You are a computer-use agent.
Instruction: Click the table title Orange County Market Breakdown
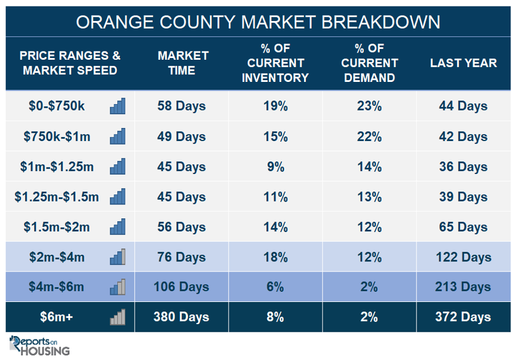coord(258,22)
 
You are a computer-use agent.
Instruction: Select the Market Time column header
coord(183,63)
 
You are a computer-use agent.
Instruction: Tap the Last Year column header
coord(463,63)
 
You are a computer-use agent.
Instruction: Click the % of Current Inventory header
coord(275,63)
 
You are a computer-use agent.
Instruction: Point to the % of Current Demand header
coord(369,63)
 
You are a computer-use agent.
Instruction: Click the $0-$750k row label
coord(56,106)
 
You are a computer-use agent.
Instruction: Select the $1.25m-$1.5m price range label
coord(56,197)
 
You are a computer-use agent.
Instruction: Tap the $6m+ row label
coord(56,317)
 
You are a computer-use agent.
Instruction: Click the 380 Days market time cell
coord(181,317)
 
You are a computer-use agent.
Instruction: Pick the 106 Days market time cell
coord(181,287)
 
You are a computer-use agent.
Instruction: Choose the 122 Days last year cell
coord(463,257)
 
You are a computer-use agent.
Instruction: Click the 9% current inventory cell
coord(275,167)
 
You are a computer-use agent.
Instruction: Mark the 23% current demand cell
coord(369,106)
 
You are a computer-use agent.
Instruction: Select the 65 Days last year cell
coord(463,227)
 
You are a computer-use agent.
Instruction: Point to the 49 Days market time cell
coord(181,137)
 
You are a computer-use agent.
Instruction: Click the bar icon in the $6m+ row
coord(118,317)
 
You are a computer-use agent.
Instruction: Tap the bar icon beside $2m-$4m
coord(118,257)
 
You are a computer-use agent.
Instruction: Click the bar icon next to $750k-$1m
coord(118,136)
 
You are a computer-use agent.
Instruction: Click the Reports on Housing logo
coord(39,346)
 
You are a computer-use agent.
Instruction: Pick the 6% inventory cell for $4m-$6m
coord(275,287)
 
